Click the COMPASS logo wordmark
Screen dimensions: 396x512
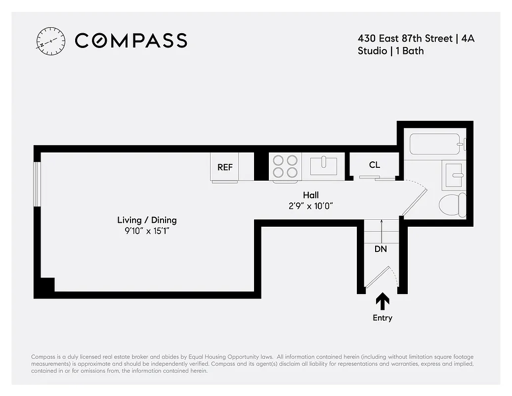coord(131,41)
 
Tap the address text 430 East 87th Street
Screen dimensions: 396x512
coord(404,38)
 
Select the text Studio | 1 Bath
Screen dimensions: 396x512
coord(390,51)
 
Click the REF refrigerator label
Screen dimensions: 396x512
coord(225,167)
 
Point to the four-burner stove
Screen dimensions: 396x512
coord(286,166)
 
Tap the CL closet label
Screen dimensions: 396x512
coord(375,165)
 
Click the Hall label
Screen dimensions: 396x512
coord(311,195)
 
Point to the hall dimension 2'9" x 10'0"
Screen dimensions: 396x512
coord(311,206)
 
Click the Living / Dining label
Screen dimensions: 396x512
coord(147,220)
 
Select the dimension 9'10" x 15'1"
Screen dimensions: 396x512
coord(147,231)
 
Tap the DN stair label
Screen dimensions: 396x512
coord(381,249)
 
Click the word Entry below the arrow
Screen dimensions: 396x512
coord(383,318)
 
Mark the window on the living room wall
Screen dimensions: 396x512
coord(37,183)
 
